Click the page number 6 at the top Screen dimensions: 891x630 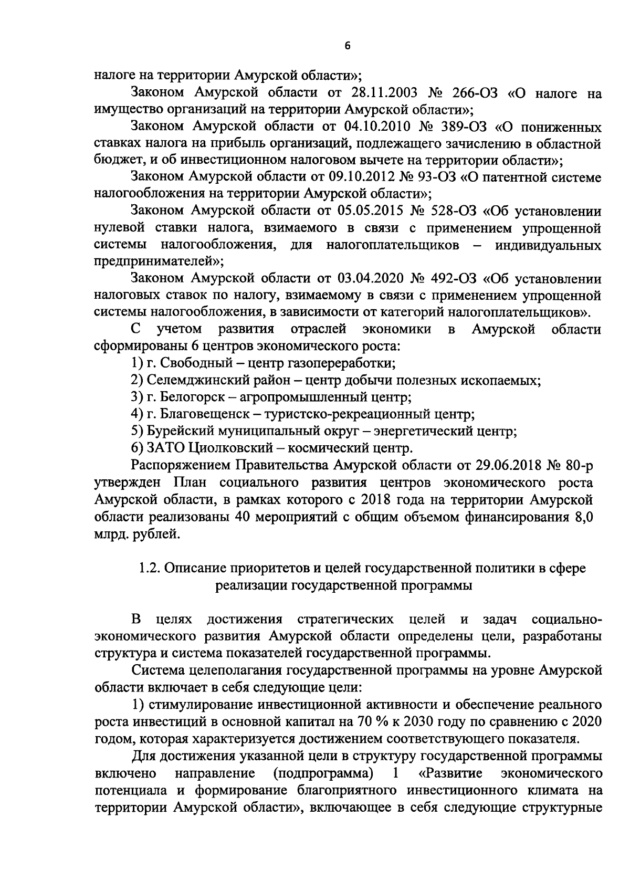pos(347,46)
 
